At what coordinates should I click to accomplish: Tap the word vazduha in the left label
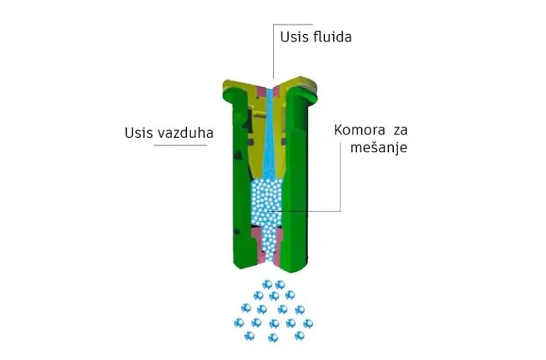click(x=186, y=133)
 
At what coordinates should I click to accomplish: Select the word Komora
click(x=359, y=130)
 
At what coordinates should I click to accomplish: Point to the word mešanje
click(x=378, y=147)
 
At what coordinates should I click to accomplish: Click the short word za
click(x=400, y=131)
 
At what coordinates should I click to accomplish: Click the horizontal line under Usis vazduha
click(x=181, y=145)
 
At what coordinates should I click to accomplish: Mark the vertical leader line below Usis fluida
click(x=273, y=51)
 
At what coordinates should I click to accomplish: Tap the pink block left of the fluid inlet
click(x=261, y=92)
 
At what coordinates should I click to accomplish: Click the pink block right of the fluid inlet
click(x=276, y=91)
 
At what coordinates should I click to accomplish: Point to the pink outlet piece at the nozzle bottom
click(x=267, y=245)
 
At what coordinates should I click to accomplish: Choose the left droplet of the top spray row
click(x=267, y=285)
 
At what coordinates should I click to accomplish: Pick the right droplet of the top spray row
click(x=280, y=285)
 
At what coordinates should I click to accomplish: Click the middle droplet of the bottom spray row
click(x=273, y=337)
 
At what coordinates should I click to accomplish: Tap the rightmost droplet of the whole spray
click(x=308, y=324)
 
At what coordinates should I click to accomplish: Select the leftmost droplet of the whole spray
click(x=239, y=323)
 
